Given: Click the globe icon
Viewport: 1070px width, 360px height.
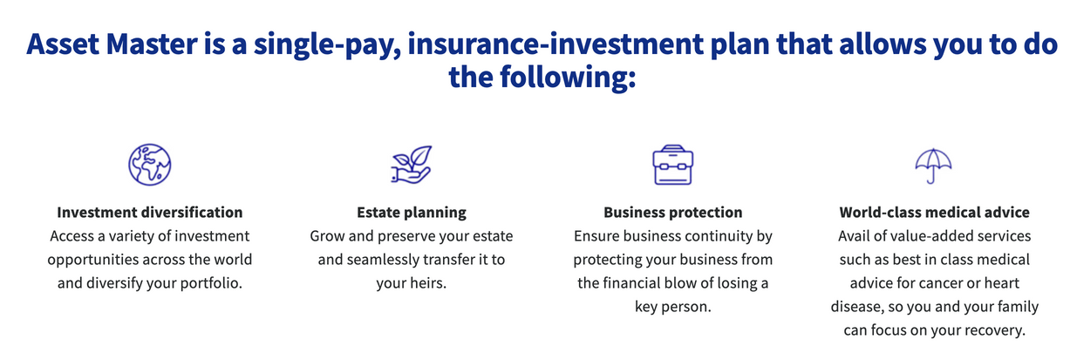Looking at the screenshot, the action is tap(149, 165).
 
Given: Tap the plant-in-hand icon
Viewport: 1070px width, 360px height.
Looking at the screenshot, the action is tap(412, 165).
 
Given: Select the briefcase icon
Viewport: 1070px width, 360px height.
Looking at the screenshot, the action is tap(672, 165).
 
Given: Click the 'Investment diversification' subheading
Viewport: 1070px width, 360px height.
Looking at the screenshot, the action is tap(149, 212).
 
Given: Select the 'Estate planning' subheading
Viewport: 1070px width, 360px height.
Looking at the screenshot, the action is tap(412, 212).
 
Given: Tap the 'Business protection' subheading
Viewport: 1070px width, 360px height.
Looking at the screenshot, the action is tap(673, 212).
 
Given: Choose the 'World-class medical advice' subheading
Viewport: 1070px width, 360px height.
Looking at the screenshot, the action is tap(934, 212).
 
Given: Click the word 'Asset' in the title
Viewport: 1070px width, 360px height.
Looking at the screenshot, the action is tap(63, 44).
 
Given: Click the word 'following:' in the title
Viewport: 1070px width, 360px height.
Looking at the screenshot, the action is tap(568, 78).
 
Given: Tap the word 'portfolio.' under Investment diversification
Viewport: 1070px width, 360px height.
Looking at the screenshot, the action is tap(211, 283).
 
